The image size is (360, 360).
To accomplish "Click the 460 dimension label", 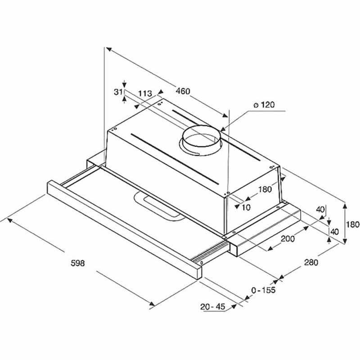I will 183,91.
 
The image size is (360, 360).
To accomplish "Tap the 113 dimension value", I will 144,94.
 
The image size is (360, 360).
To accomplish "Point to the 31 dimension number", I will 118,92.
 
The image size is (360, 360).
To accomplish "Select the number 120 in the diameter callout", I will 267,105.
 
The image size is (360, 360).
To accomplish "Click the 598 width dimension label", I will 78,263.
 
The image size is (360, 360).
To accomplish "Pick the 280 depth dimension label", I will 311,262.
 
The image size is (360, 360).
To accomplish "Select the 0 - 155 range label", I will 263,290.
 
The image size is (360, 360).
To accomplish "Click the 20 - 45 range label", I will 212,306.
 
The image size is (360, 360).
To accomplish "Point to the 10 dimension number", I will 246,207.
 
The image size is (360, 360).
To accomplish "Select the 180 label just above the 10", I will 265,189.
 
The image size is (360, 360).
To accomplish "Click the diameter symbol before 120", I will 255,105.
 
